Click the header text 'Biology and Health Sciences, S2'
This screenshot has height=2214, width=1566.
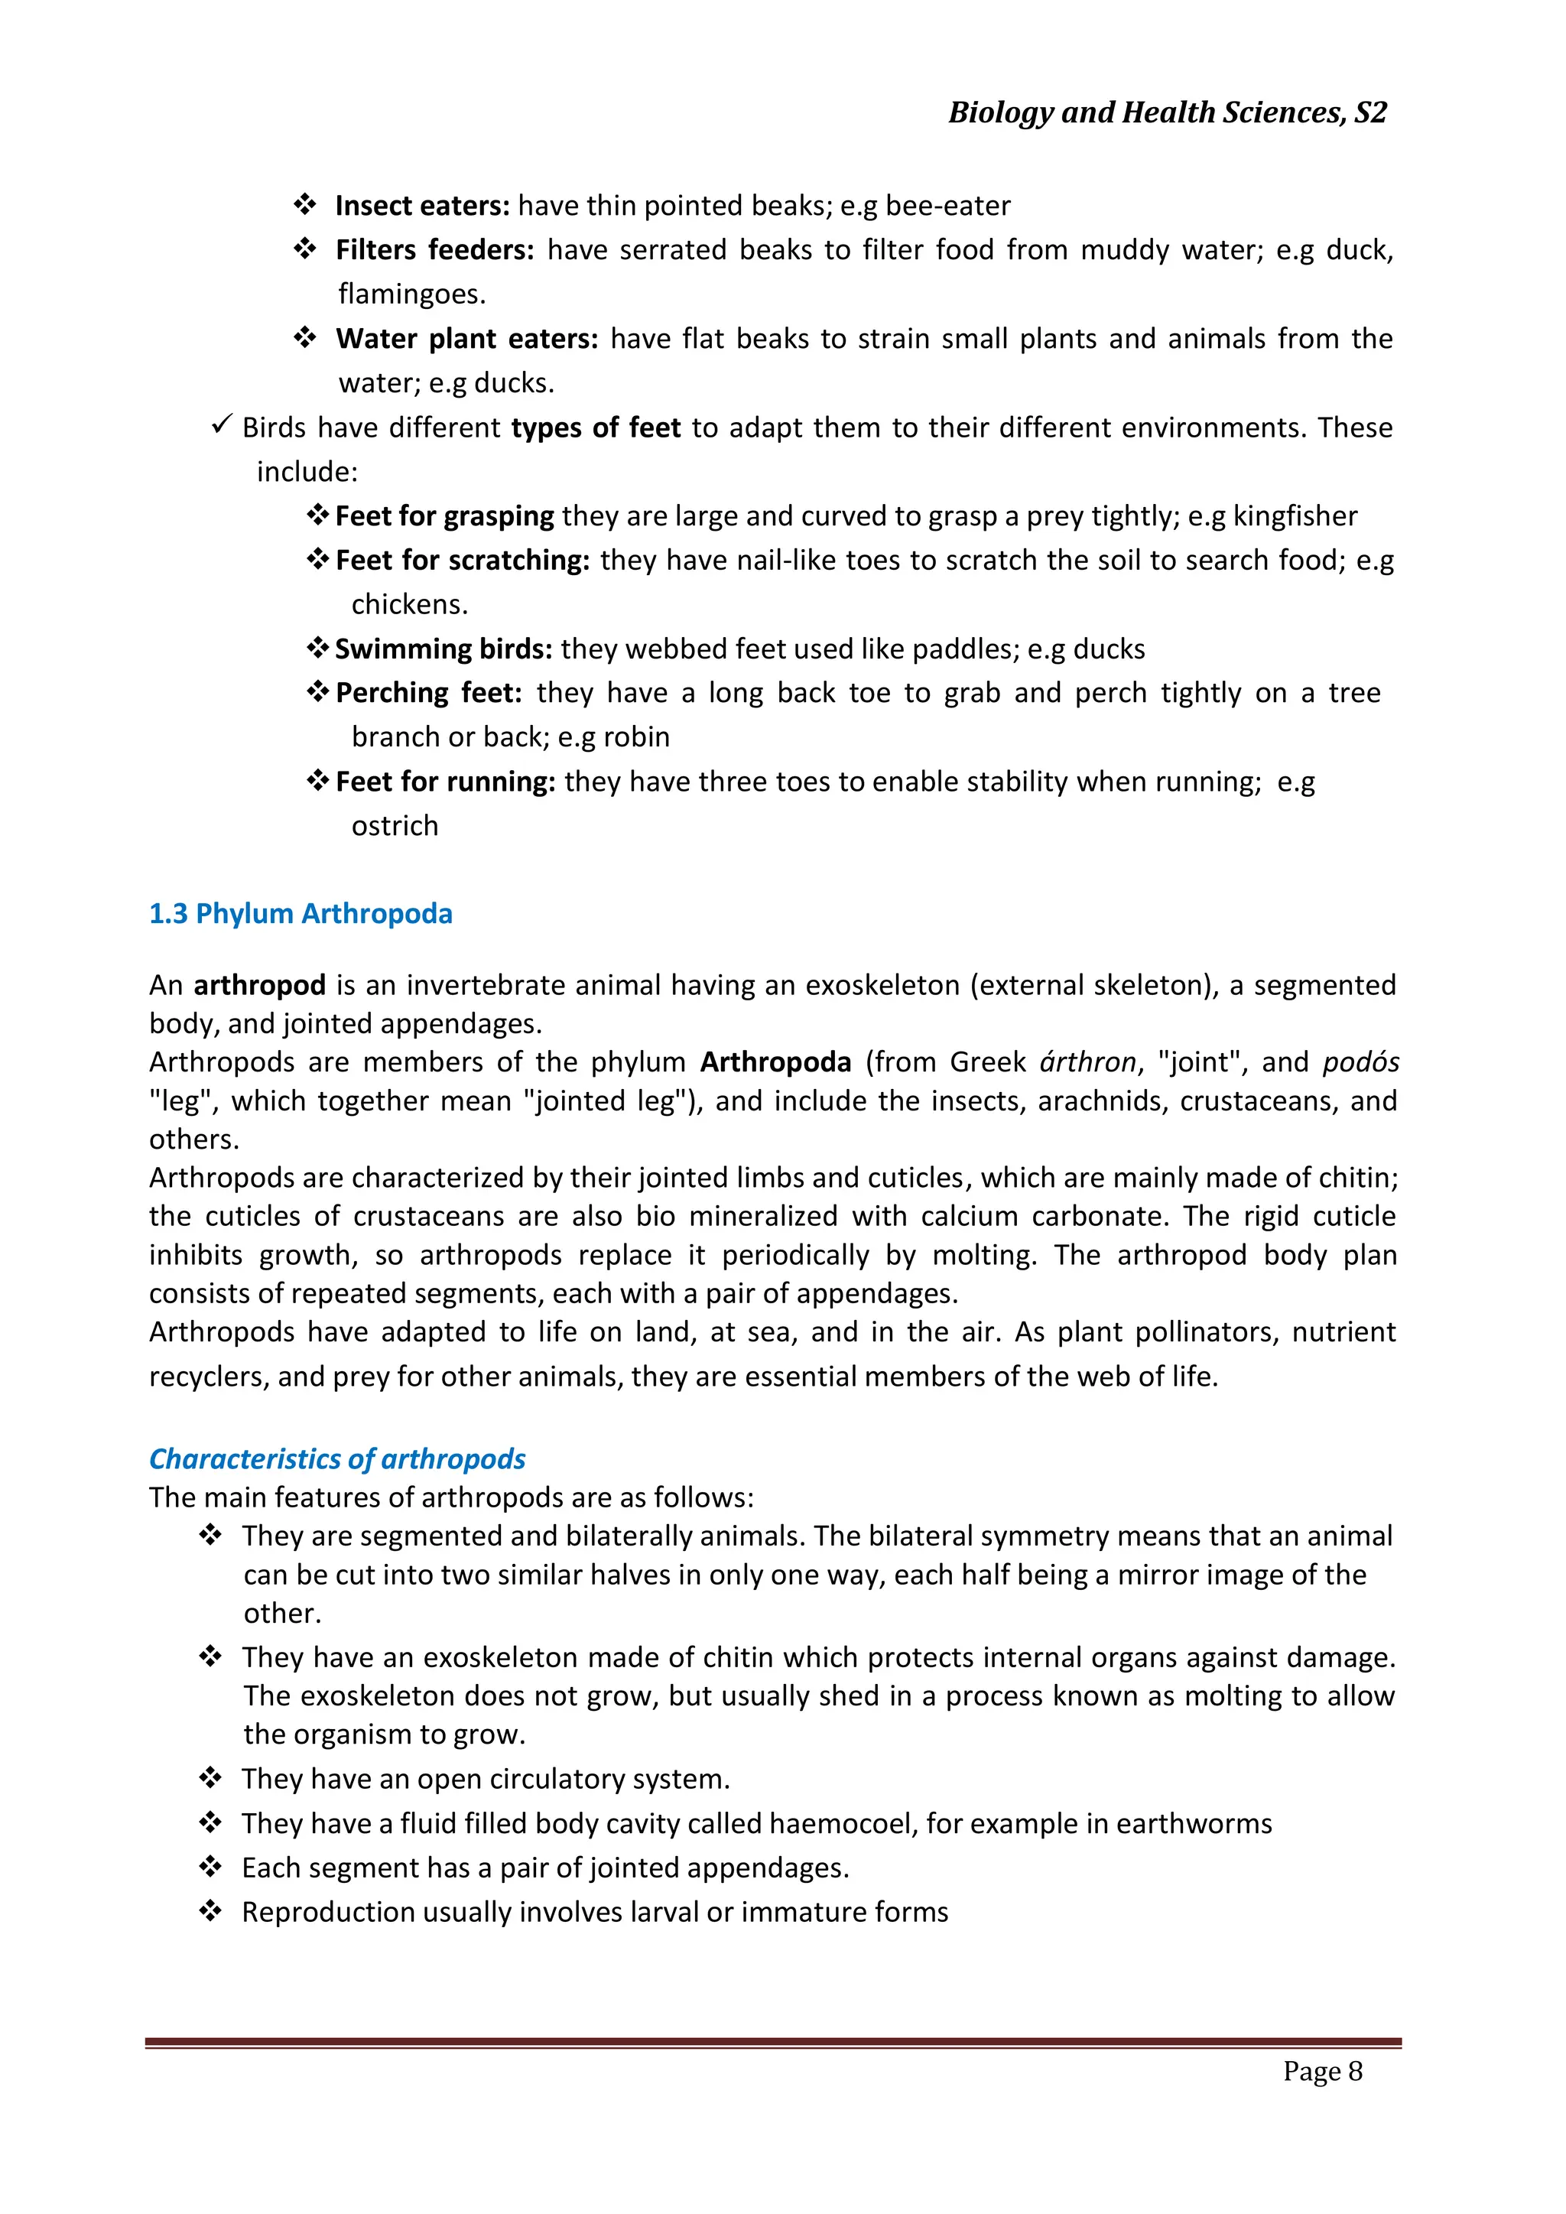click(x=1167, y=113)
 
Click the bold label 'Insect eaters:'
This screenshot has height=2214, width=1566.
click(x=421, y=206)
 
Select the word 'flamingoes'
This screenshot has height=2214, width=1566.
click(x=410, y=294)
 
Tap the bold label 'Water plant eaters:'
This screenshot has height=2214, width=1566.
click(x=466, y=340)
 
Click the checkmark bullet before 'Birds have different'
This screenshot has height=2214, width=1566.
click(x=221, y=424)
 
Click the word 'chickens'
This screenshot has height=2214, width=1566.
click(x=408, y=605)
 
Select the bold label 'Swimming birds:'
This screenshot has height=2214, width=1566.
click(x=443, y=649)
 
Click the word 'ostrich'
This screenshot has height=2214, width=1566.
click(x=395, y=827)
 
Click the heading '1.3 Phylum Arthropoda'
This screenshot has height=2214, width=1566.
click(x=300, y=914)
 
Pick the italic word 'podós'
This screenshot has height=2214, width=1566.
click(x=1360, y=1062)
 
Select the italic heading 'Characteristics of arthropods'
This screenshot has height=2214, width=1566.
click(x=336, y=1459)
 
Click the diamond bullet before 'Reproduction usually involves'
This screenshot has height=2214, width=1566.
click(x=210, y=1911)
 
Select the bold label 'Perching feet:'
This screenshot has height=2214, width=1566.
click(x=428, y=694)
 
